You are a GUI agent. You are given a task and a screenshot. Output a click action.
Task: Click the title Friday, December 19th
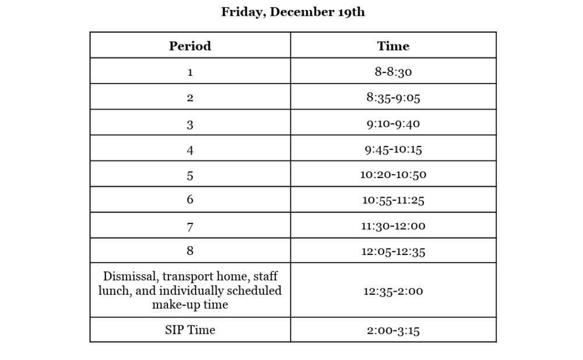click(293, 12)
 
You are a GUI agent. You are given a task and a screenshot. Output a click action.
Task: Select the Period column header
click(190, 46)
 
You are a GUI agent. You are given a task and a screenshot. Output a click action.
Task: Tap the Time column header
click(393, 46)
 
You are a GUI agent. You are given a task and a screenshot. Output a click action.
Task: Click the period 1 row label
click(190, 72)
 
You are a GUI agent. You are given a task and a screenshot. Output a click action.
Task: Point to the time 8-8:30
click(393, 72)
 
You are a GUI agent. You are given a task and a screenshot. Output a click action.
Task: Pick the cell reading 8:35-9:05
click(393, 97)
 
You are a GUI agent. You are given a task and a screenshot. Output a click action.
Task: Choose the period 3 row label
click(190, 124)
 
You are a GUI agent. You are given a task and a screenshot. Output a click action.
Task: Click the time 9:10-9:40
click(393, 123)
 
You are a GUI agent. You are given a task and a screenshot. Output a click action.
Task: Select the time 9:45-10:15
click(393, 149)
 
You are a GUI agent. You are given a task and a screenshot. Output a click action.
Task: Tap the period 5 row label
click(190, 175)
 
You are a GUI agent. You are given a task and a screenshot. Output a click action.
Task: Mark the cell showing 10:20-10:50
click(393, 174)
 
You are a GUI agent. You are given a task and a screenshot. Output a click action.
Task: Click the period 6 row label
click(190, 200)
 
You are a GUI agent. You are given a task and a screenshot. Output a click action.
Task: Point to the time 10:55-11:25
click(393, 200)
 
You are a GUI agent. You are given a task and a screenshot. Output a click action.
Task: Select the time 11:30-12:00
click(393, 226)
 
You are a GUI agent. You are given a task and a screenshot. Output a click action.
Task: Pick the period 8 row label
click(190, 251)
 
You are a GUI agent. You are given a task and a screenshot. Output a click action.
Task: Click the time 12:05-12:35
click(393, 251)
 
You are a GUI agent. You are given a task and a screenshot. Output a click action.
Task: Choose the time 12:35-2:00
click(393, 291)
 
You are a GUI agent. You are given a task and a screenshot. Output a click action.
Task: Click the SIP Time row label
click(190, 330)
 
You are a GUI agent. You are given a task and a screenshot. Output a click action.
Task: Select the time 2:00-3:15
click(393, 330)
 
